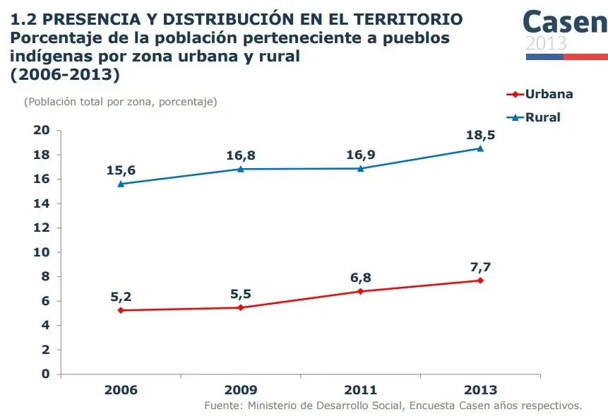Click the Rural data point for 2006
(121, 184)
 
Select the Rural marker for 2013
(480, 148)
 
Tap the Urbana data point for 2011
(360, 291)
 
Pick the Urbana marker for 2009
(241, 307)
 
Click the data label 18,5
(480, 134)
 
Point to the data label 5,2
(121, 297)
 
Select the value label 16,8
(241, 155)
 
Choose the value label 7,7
(480, 266)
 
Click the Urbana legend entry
(540, 94)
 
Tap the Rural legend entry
(535, 117)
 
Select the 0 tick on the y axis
(46, 374)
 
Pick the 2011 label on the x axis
(360, 390)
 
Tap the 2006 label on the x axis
(121, 390)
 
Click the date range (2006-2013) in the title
(65, 74)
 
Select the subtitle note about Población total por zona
(121, 102)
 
